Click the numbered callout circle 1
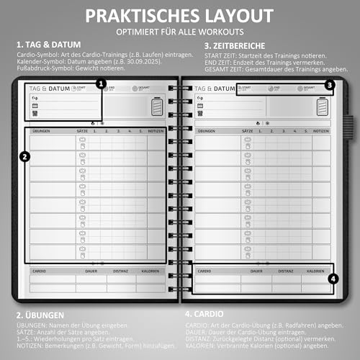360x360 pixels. [101, 84]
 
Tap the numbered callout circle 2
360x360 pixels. [24, 156]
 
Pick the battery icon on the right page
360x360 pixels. [323, 107]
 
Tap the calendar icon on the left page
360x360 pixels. [34, 104]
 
